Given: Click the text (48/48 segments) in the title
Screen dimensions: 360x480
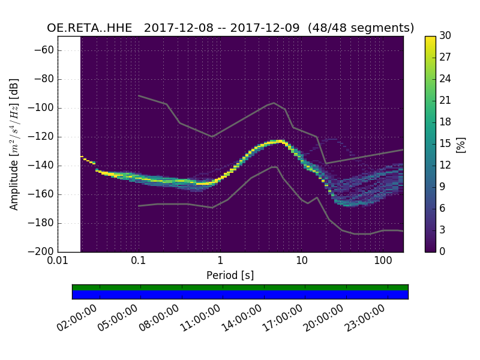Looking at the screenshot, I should [365, 28].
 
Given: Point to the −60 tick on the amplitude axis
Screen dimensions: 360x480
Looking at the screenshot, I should [45, 50].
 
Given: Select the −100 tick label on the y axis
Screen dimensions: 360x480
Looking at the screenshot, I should [43, 108].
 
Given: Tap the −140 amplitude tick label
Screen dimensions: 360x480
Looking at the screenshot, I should [43, 166].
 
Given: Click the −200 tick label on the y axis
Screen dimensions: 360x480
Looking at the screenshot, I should [43, 251].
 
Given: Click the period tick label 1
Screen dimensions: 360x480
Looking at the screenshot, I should [220, 261].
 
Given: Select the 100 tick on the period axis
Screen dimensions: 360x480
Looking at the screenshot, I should [383, 261].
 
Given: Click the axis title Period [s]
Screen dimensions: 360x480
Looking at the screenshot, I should [230, 275].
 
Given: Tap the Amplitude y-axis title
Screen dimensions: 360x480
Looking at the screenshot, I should [14, 144].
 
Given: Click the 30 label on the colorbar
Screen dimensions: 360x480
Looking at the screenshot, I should [445, 36].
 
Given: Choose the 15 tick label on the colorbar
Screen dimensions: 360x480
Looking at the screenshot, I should [445, 144].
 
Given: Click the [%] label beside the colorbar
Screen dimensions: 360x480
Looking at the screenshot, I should [461, 144].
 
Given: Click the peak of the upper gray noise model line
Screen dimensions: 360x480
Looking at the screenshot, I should [274, 103].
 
